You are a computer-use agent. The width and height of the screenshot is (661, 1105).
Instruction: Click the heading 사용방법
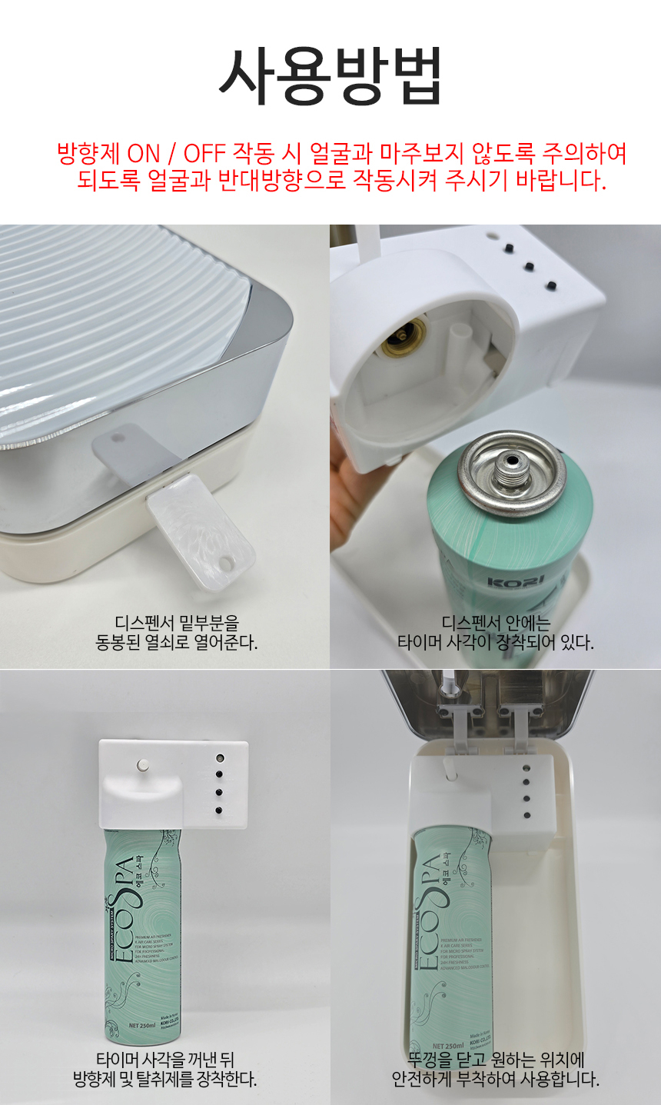pos(330,76)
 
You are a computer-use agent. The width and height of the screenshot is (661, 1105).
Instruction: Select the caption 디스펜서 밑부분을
pos(177,622)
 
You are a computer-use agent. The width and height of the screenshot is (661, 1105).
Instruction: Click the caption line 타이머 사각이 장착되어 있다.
pos(496,642)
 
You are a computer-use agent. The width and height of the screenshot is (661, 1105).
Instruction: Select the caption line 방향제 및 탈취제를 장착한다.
pos(165,1079)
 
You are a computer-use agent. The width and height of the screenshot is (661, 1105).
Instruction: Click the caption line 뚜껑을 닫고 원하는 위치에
pos(496,1060)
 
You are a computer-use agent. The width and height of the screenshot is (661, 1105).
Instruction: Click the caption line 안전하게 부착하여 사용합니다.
pos(496,1079)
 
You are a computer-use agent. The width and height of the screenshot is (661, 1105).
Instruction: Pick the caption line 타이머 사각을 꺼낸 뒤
pos(165,1060)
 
